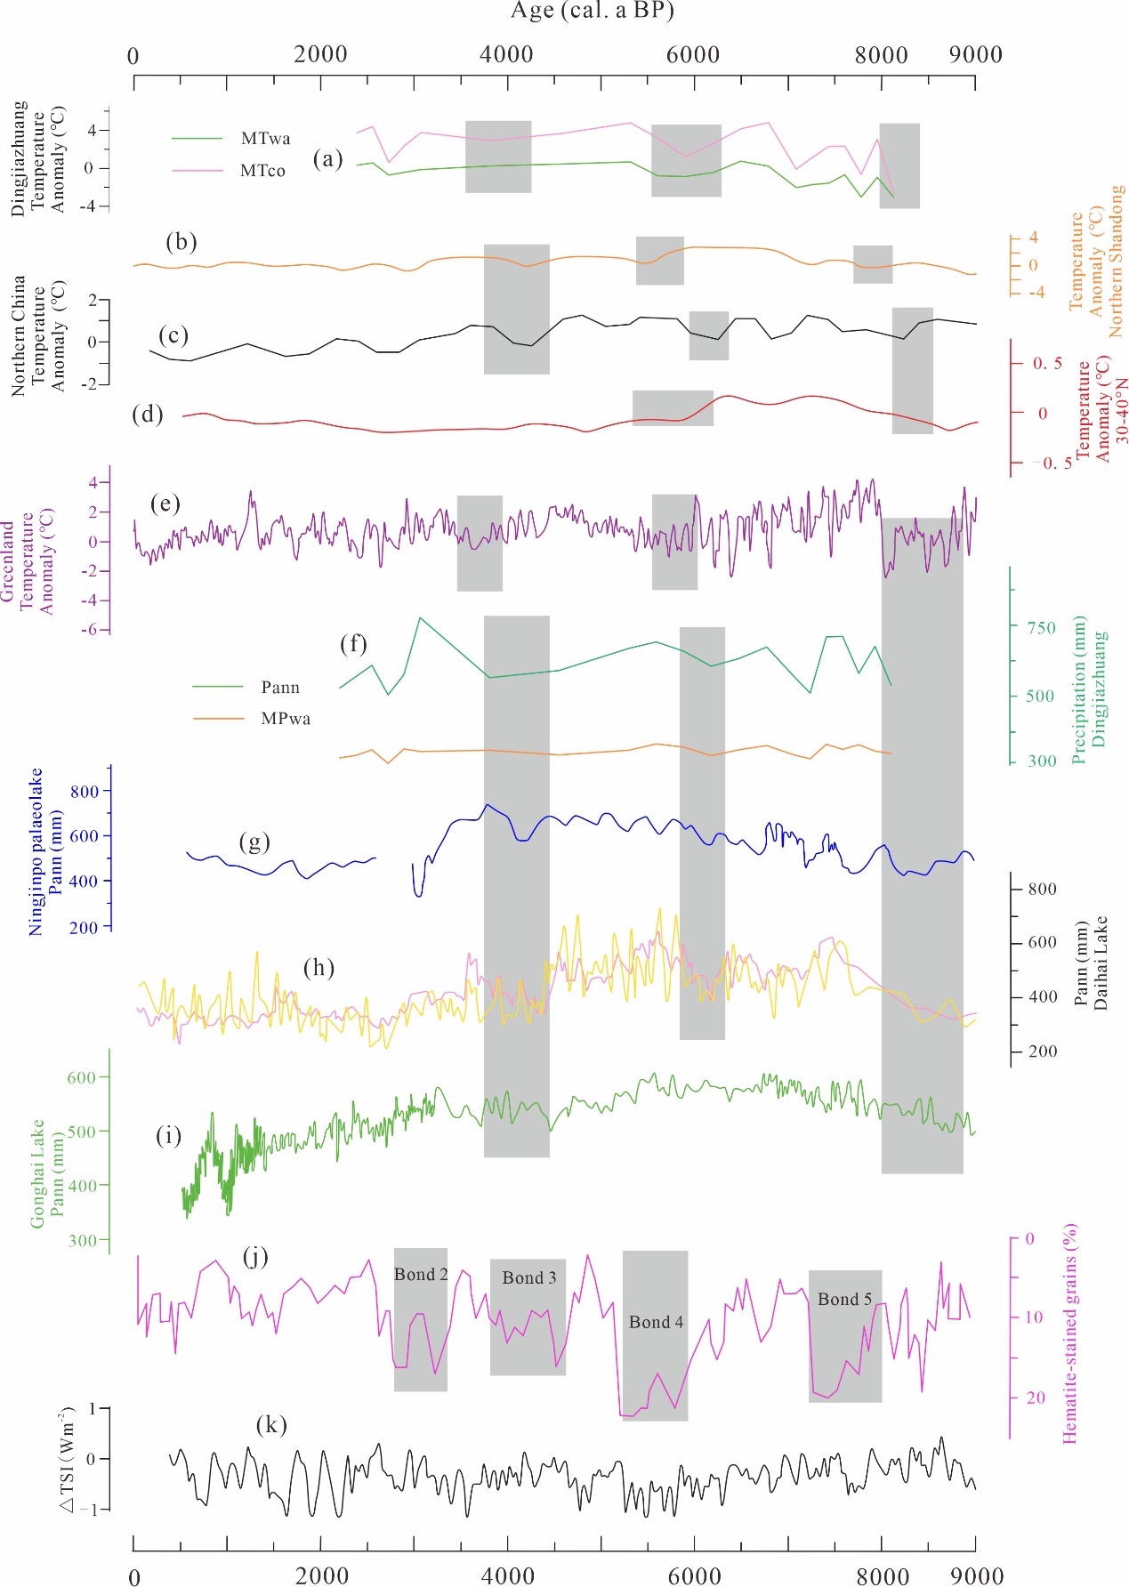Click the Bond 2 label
[x=421, y=1275]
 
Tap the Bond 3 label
[x=529, y=1278]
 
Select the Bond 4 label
[x=656, y=1323]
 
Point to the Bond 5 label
[x=844, y=1300]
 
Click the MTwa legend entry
[x=265, y=139]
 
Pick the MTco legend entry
[x=262, y=171]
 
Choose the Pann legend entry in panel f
[x=280, y=688]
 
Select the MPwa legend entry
[x=286, y=719]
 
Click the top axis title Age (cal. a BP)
[x=592, y=11]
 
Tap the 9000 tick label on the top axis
[x=975, y=55]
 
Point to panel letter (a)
[x=327, y=159]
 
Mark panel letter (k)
[x=271, y=1425]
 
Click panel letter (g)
[x=254, y=842]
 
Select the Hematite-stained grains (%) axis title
[x=1069, y=1333]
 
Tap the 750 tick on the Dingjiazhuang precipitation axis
[x=1041, y=628]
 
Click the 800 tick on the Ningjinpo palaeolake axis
[x=85, y=792]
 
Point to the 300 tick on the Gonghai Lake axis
[x=81, y=1241]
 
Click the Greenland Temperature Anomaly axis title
[x=27, y=562]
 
